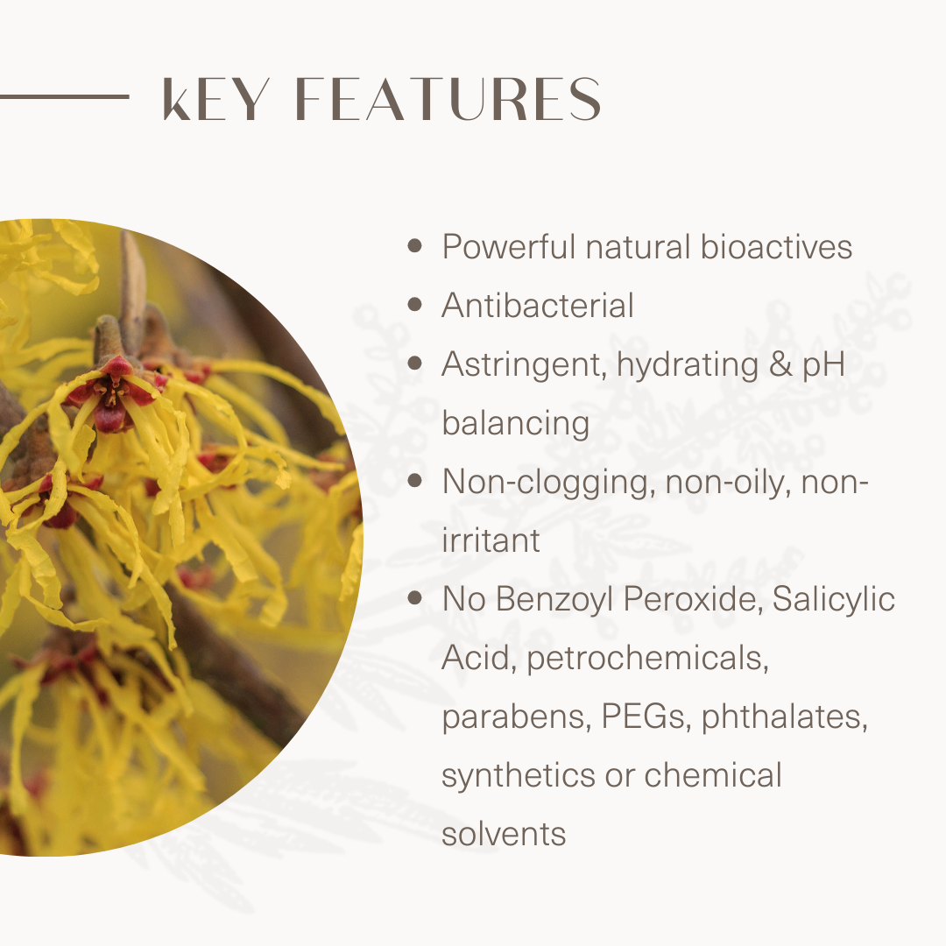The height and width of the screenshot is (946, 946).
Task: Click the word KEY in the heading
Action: (x=215, y=99)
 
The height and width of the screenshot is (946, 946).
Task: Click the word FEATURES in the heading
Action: (x=448, y=99)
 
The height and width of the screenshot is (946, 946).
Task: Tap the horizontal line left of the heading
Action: (x=65, y=96)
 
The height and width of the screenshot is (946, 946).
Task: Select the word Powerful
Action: (x=509, y=246)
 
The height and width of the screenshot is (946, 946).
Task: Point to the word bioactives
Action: (x=776, y=246)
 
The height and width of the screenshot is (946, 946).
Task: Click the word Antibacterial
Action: (x=538, y=305)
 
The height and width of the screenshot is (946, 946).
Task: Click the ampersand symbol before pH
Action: (x=780, y=364)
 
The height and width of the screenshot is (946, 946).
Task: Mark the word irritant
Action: (x=491, y=540)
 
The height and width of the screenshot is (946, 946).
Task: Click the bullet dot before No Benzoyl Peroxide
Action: (x=414, y=597)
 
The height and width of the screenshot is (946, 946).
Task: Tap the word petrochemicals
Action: (x=648, y=659)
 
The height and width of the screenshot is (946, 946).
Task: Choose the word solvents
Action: (x=504, y=834)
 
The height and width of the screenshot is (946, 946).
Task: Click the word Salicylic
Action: (x=834, y=600)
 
